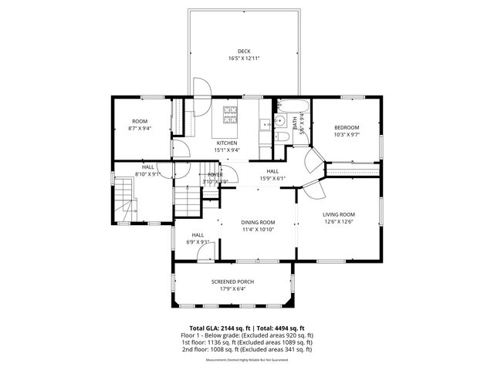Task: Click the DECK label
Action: point(244,52)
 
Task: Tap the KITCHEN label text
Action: point(227,143)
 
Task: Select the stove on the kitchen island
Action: point(231,116)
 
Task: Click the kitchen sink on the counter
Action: point(264,123)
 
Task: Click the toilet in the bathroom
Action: point(282,137)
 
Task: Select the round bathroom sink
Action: point(294,123)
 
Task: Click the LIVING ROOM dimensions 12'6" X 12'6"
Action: point(338,221)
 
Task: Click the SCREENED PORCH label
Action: point(232,282)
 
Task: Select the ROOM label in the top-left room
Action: point(140,121)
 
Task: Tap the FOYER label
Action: point(215,175)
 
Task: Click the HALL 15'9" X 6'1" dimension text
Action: point(272,178)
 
